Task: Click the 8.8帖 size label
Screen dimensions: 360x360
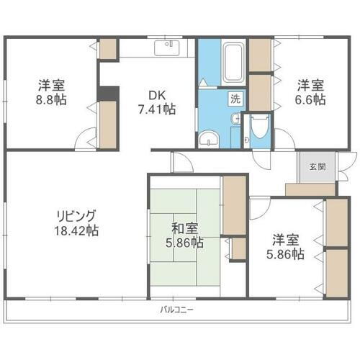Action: tap(53, 100)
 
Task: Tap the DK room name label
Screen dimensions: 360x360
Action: tap(157, 95)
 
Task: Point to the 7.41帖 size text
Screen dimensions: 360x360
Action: tap(157, 109)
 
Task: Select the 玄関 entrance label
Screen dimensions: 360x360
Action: tap(317, 166)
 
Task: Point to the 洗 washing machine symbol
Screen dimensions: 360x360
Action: tap(235, 99)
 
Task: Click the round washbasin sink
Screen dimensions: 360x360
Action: tap(209, 139)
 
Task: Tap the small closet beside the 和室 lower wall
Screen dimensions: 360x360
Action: tap(238, 248)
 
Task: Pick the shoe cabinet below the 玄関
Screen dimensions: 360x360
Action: tap(310, 190)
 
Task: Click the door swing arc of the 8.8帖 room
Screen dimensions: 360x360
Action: tap(85, 138)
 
